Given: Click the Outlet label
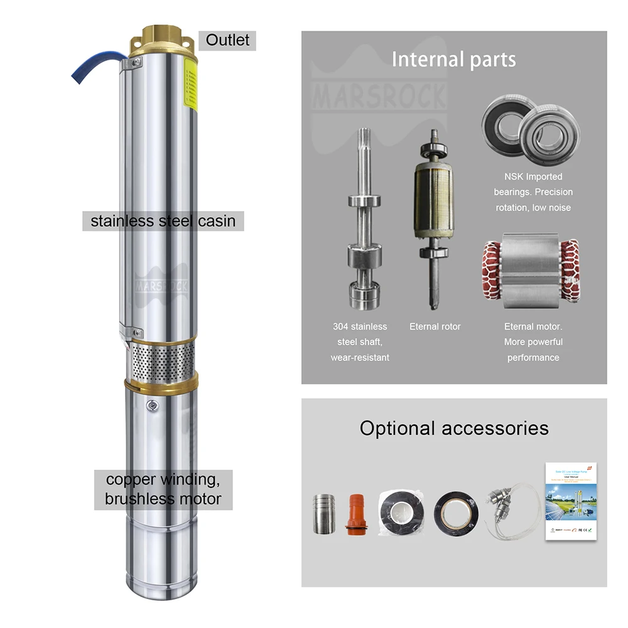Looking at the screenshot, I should [227, 40].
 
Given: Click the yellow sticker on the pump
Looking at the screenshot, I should [190, 88].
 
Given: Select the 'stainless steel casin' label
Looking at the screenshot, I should [163, 221].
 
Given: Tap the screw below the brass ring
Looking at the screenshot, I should [152, 406].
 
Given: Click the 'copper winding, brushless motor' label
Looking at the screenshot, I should [163, 489].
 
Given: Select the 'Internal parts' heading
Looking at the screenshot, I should [453, 59].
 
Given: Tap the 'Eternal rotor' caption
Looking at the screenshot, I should [435, 327].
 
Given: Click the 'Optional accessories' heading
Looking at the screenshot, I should [453, 428].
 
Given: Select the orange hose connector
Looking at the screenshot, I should [355, 514].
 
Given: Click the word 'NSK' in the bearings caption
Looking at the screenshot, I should [513, 177].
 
